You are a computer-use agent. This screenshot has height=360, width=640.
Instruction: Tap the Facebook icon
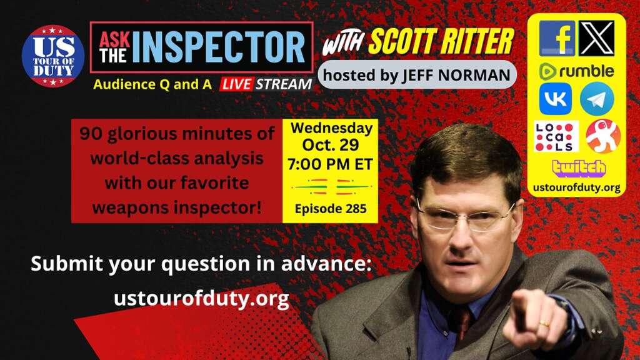coord(557,38)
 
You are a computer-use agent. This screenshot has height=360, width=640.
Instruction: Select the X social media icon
coord(596,38)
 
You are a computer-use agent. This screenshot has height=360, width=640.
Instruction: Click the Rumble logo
coord(576,71)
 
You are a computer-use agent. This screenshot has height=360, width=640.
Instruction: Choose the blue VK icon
coord(556,99)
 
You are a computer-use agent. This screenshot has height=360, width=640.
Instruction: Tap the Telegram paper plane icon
coord(597,99)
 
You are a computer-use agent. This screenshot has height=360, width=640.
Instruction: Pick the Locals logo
coord(556,136)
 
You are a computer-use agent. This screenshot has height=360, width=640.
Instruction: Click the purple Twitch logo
coord(577,167)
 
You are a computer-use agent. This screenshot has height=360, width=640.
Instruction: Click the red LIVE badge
coord(236,84)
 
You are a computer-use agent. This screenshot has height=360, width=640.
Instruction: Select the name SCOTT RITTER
coord(440,42)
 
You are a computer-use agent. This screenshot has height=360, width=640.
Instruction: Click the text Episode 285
coord(330,208)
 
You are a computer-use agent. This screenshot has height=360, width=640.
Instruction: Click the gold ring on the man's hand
coord(544,323)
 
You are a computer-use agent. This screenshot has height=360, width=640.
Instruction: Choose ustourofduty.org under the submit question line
coord(201,299)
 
